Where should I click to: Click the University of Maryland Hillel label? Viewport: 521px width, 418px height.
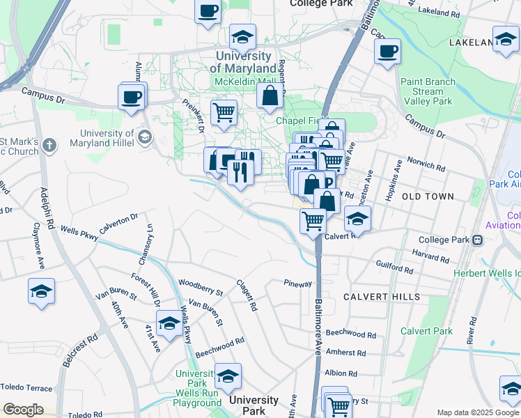[x=107, y=139]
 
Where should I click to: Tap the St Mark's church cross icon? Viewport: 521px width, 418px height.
[x=48, y=146]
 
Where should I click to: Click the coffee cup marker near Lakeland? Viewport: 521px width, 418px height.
[x=387, y=51]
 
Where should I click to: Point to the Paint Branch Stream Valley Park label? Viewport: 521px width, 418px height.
[x=428, y=91]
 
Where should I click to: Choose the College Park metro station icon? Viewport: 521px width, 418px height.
[x=477, y=240]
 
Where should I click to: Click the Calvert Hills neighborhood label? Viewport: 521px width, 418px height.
[x=382, y=297]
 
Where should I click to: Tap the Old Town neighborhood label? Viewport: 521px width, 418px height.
[x=428, y=196]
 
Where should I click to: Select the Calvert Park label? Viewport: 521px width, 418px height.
[x=427, y=331]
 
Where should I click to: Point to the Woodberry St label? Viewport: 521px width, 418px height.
[x=200, y=284]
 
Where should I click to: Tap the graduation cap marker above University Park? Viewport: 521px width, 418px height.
[x=227, y=377]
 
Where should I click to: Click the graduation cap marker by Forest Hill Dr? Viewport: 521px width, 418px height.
[x=169, y=323]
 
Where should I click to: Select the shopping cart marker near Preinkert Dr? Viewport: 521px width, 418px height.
[x=224, y=112]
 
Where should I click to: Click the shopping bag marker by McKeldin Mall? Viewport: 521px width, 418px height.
[x=270, y=96]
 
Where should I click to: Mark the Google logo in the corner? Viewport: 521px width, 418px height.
[x=23, y=410]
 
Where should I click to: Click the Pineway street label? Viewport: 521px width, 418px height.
[x=297, y=284]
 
